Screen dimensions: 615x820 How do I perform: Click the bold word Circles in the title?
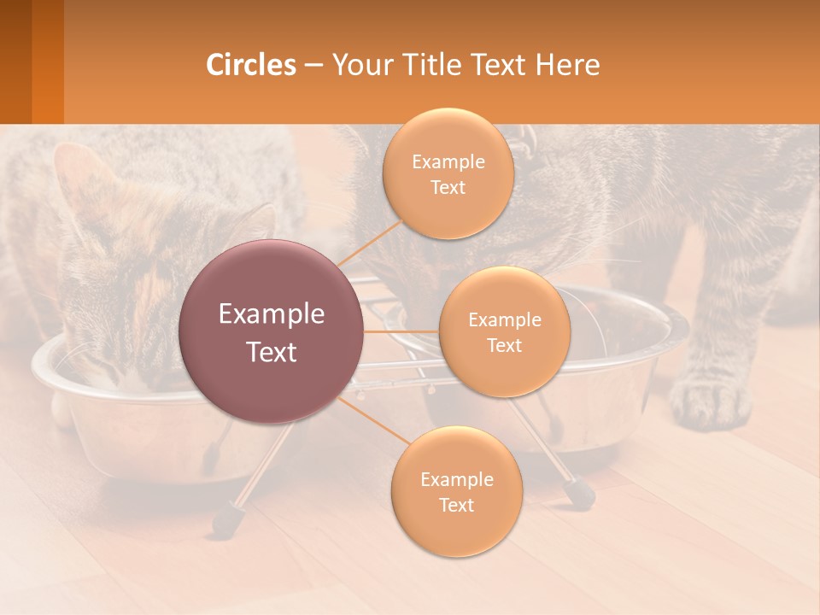coord(251,65)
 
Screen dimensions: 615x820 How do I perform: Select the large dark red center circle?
coord(272,331)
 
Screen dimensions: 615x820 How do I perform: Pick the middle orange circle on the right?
coord(504,331)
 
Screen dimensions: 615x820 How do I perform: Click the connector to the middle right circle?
coord(401,331)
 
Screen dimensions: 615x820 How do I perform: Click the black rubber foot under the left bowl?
coord(226,518)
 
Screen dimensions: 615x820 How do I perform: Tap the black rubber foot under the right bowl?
coord(581,494)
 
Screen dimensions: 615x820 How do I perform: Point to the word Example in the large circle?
coord(272,314)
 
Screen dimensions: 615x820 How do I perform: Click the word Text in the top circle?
coord(448,188)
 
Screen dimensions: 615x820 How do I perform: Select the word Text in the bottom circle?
coord(456,505)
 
